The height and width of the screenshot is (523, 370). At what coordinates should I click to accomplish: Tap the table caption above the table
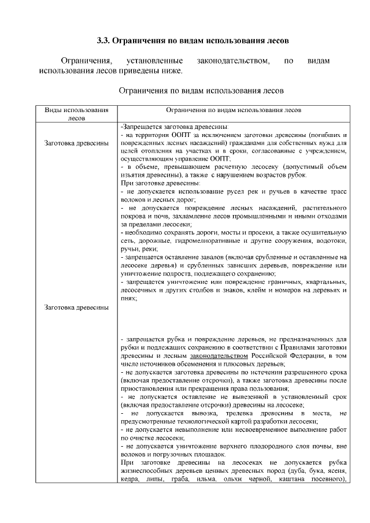(201, 91)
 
